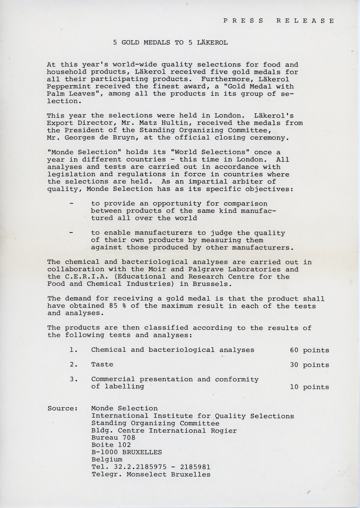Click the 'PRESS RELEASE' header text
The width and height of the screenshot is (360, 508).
(x=279, y=20)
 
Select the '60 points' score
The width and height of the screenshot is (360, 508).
(x=309, y=350)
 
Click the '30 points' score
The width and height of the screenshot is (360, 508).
(x=309, y=364)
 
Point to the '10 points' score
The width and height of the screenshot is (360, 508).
(x=309, y=387)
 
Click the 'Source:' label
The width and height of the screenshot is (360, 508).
(x=62, y=409)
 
